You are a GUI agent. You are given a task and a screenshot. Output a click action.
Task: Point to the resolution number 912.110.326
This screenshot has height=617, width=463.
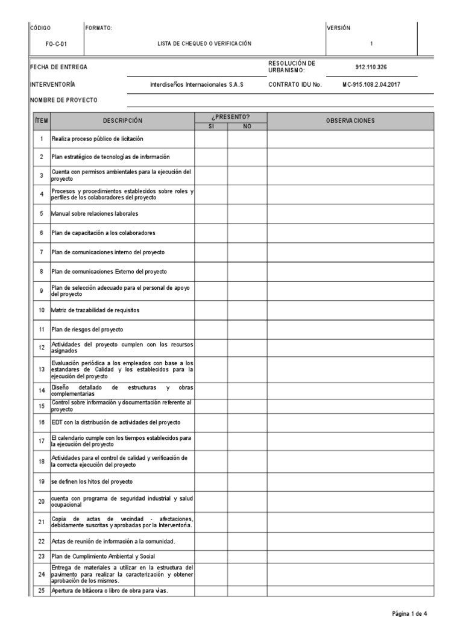coord(371,67)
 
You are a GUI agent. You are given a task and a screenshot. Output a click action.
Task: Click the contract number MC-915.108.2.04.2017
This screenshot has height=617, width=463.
coord(371,85)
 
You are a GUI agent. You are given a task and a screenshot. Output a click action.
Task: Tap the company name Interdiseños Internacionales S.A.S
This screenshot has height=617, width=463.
coord(197,85)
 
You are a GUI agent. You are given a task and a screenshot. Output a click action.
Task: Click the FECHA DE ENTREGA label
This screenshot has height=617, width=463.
coord(55,67)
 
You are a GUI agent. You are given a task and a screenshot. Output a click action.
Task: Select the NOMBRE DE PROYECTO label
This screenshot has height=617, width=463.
coord(63,100)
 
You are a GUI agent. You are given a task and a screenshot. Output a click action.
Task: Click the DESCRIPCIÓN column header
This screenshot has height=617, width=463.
coord(122,121)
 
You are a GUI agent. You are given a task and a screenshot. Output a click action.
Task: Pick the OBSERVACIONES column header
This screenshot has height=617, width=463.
coord(350,121)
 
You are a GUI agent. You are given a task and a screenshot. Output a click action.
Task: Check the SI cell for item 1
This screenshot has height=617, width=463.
coord(210,139)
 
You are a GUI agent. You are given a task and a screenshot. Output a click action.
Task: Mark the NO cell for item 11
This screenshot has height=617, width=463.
coord(247,329)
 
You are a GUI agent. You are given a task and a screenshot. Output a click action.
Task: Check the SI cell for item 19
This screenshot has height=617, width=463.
coord(210,483)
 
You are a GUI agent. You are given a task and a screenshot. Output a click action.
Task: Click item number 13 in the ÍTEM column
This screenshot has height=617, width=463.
coord(42,369)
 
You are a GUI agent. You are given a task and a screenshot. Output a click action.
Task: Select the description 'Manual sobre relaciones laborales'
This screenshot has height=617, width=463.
coord(95,214)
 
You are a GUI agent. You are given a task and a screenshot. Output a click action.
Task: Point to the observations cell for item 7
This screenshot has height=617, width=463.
coord(350,252)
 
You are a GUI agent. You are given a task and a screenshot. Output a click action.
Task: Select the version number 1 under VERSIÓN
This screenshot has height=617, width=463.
coord(371,44)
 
